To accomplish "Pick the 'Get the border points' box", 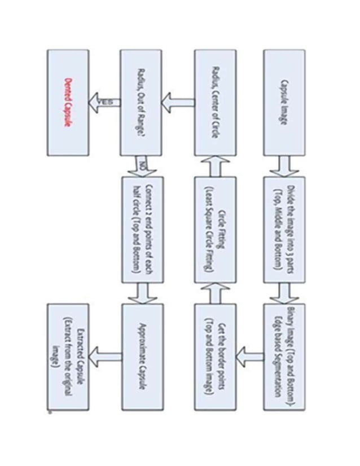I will [x=216, y=356].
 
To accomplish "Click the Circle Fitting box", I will [x=216, y=230].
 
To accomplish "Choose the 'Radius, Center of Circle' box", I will [x=216, y=102].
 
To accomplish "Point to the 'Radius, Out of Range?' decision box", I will [x=141, y=102].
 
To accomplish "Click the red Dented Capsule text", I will [x=68, y=102].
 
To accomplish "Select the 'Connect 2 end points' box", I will [x=141, y=230].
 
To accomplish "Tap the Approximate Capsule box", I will [x=141, y=356].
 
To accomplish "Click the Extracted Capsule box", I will [x=68, y=356].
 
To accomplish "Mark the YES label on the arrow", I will [x=107, y=102].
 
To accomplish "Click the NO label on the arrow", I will [x=142, y=165].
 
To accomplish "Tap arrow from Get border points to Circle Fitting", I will [x=216, y=292].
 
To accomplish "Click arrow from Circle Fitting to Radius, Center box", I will [x=216, y=165].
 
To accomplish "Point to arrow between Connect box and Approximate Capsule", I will [x=141, y=292].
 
